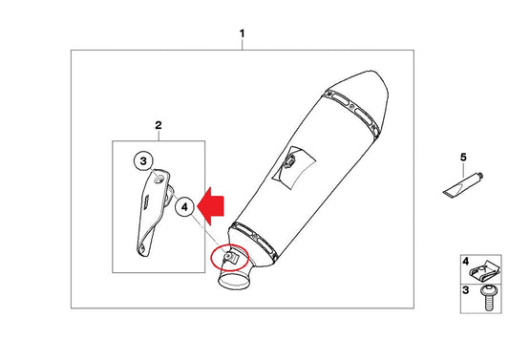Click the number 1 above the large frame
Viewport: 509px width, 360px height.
point(242,33)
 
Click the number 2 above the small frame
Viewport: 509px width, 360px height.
point(159,125)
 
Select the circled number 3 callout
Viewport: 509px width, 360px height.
point(143,161)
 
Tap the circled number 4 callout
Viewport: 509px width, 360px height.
point(184,207)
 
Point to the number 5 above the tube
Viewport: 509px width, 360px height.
point(463,158)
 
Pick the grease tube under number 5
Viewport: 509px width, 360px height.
point(463,185)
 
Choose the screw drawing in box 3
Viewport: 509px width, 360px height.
point(487,297)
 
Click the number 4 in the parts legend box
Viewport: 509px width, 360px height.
point(465,262)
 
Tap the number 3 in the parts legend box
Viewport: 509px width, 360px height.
point(465,290)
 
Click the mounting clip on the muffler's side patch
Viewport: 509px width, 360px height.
point(289,161)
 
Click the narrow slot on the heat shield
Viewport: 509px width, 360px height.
point(146,202)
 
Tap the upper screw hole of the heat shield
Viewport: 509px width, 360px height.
point(159,179)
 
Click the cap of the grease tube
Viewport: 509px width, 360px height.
point(480,176)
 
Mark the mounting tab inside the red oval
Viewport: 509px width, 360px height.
point(231,258)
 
